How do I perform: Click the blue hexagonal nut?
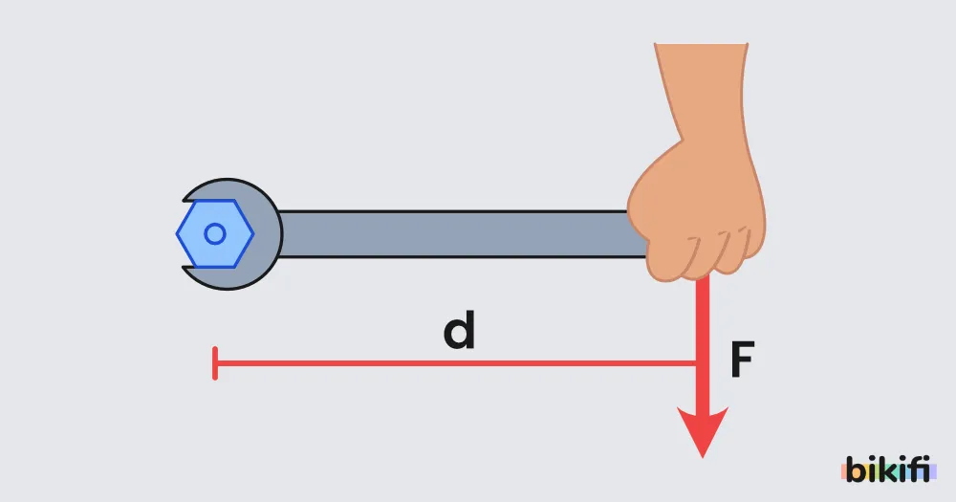click(x=215, y=233)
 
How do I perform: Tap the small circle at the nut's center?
click(x=214, y=233)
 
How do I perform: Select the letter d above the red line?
click(x=459, y=330)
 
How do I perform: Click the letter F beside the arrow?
click(x=742, y=360)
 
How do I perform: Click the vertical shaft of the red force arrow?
click(x=703, y=341)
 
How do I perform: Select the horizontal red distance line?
click(x=456, y=363)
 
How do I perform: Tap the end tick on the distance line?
click(x=215, y=363)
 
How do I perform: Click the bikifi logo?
click(x=888, y=469)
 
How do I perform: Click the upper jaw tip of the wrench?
click(x=185, y=200)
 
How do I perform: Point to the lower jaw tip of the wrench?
click(x=185, y=269)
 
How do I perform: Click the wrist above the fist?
click(x=705, y=92)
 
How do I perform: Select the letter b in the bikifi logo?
click(x=856, y=469)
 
